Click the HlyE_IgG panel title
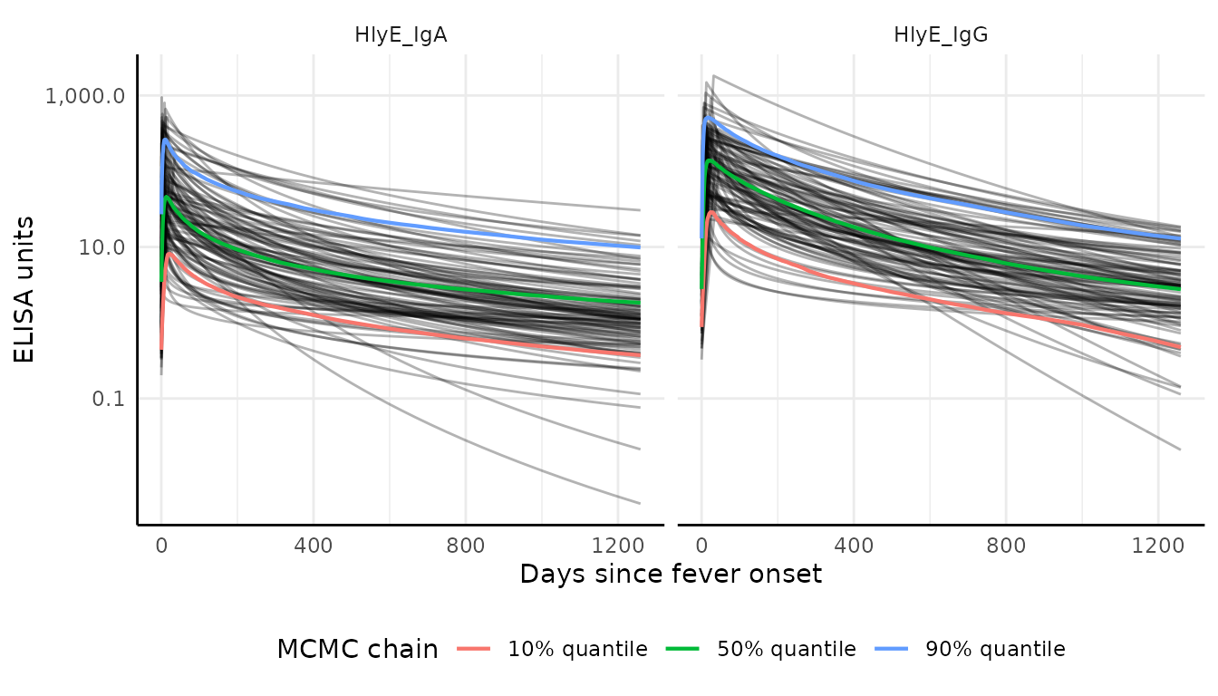[x=940, y=35]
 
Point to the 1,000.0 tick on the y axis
[x=84, y=96]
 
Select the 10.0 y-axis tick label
[x=101, y=247]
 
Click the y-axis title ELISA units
[x=25, y=289]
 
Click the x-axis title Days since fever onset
[x=671, y=574]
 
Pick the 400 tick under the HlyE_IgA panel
[x=314, y=547]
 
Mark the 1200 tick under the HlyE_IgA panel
[x=617, y=547]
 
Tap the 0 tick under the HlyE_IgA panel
[x=161, y=547]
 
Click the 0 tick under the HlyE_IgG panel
[x=701, y=547]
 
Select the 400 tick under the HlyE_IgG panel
[x=854, y=547]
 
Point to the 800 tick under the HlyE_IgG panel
[x=1006, y=547]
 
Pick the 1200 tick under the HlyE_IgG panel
[x=1157, y=547]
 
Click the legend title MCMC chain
[x=357, y=649]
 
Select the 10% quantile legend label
[x=577, y=649]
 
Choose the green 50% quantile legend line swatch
[x=683, y=649]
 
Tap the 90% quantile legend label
[x=995, y=649]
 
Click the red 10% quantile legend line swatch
[x=475, y=649]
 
